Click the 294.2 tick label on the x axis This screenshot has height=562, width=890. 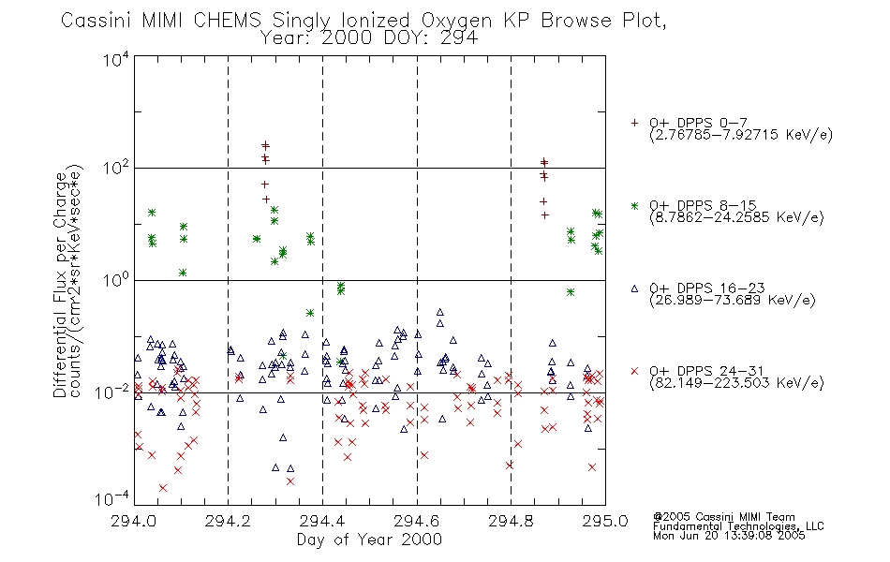click(228, 521)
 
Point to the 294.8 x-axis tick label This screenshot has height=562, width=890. click(511, 521)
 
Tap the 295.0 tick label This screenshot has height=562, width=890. click(605, 521)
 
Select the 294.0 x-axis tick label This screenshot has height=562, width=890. click(133, 521)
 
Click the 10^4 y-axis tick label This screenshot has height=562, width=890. click(116, 59)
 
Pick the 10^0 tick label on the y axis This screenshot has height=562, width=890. click(116, 280)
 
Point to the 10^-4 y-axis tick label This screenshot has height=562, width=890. click(111, 499)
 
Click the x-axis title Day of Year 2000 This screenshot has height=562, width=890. click(369, 540)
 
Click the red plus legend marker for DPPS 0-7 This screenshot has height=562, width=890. click(634, 123)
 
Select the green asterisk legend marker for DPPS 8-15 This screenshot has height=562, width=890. click(634, 205)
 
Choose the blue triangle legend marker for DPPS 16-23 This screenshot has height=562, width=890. click(634, 288)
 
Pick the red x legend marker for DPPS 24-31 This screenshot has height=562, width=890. click(634, 371)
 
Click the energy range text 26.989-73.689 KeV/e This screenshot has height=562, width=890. click(733, 300)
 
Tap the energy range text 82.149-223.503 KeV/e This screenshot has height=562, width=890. click(736, 382)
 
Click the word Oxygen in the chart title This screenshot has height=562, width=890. click(456, 21)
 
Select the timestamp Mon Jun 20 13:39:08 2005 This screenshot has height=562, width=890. click(729, 536)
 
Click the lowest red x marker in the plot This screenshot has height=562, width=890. click(163, 488)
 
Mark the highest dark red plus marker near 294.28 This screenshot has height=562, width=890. click(265, 145)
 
